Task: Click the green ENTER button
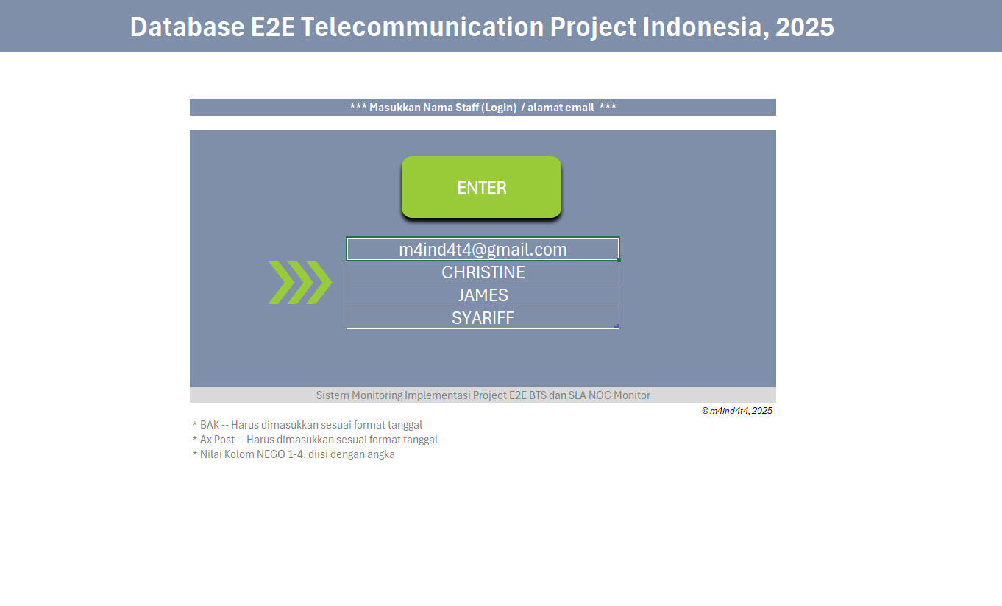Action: tap(481, 187)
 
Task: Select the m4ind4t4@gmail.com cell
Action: tap(483, 249)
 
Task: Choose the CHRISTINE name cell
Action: tap(483, 272)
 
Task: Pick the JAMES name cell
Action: tap(483, 295)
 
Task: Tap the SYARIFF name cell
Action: tap(483, 318)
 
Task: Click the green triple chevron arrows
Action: tap(300, 283)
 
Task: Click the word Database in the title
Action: tap(188, 27)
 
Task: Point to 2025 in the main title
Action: tap(804, 27)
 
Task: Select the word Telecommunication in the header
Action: tap(422, 27)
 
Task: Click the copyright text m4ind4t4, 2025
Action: tap(736, 411)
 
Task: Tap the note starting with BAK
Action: tap(308, 425)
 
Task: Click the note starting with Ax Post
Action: tap(315, 440)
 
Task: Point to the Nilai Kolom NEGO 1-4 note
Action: tap(294, 454)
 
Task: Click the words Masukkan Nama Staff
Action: tap(424, 108)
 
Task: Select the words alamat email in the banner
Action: tap(561, 108)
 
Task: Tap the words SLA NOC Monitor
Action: tap(609, 395)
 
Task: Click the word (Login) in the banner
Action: tap(499, 108)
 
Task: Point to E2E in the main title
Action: tap(273, 27)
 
